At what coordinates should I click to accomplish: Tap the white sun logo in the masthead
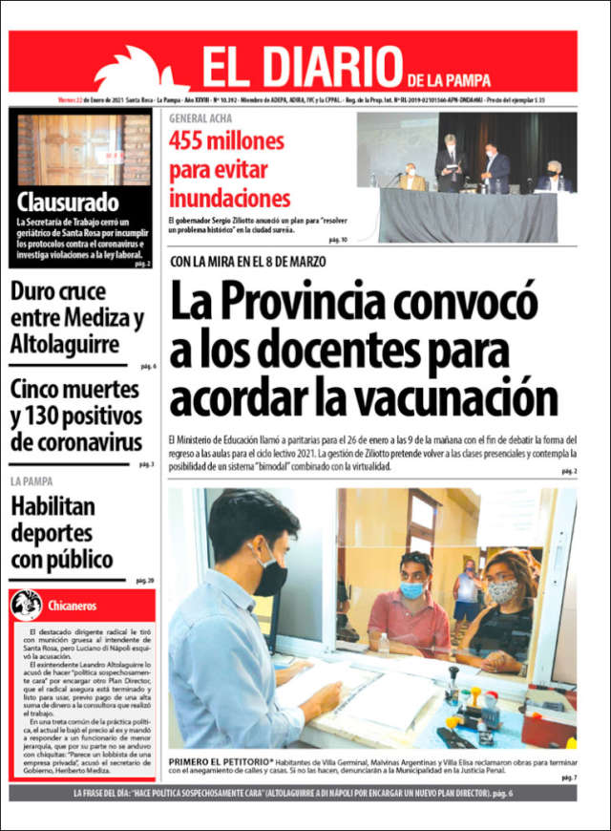point(137,69)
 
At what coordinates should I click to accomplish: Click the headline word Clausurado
point(68,202)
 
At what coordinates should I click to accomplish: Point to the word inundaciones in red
point(229,199)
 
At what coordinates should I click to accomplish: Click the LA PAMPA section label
point(32,481)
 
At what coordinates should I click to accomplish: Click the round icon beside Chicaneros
point(27,605)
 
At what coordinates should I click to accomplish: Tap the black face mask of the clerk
point(270,576)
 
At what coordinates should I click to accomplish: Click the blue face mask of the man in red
point(413,589)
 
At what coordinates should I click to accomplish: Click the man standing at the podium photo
point(450,161)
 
